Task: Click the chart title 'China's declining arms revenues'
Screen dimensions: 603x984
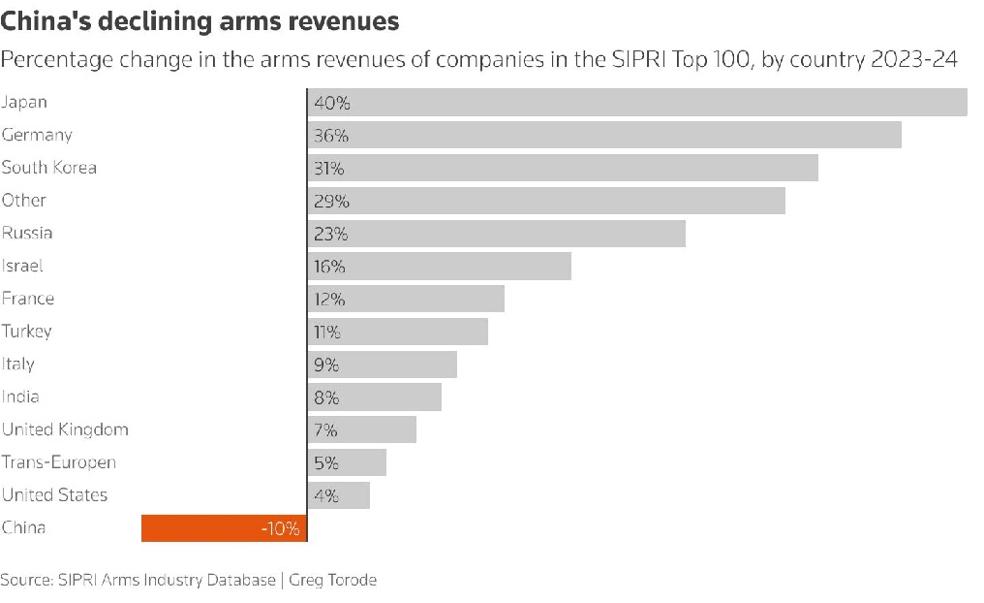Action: [x=200, y=20]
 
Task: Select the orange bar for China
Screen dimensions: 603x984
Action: [x=224, y=528]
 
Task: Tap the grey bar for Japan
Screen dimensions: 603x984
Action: [x=637, y=103]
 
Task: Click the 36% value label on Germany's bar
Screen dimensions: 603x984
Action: [x=331, y=136]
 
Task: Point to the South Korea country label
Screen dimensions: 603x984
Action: [x=49, y=168]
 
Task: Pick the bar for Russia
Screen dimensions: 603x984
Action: [x=497, y=234]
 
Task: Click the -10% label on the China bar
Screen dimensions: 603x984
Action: [x=280, y=529]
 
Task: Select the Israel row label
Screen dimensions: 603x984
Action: [x=22, y=266]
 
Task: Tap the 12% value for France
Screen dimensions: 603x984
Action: [x=329, y=300]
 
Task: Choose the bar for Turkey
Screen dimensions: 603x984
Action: [x=398, y=332]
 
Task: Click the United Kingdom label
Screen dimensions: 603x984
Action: [x=65, y=429]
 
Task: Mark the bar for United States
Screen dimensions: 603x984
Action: [x=339, y=495]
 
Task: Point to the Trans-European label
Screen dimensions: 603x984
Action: [x=59, y=462]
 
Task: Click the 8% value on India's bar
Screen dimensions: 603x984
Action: [x=326, y=397]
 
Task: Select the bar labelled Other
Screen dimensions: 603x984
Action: [x=546, y=201]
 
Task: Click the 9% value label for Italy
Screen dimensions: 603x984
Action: [x=326, y=365]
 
